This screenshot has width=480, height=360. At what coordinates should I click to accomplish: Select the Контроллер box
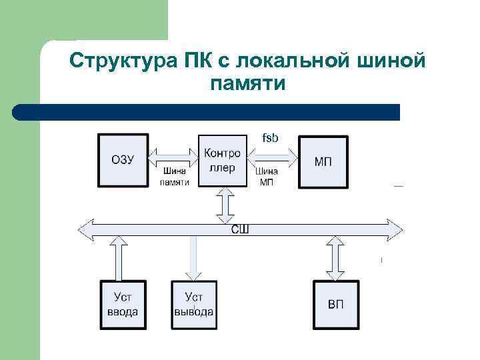(223, 160)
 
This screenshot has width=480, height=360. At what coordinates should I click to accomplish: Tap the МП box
(323, 161)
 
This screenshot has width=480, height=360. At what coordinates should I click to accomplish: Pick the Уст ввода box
(123, 305)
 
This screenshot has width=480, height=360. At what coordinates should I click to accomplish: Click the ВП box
(336, 305)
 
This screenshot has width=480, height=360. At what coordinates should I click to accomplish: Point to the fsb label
(270, 138)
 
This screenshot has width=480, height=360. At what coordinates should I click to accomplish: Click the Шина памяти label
(175, 176)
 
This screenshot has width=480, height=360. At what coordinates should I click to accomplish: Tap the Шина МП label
(267, 176)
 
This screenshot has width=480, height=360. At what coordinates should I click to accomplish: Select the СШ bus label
(240, 229)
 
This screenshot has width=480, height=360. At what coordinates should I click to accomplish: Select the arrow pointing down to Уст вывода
(193, 259)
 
